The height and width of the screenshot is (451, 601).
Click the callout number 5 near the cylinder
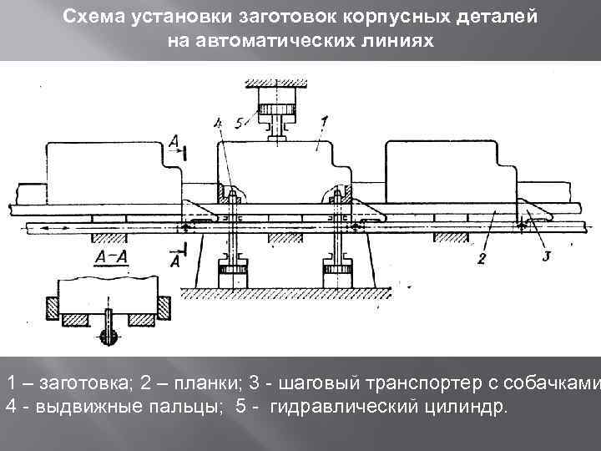239,124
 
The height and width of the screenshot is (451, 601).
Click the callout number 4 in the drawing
219,124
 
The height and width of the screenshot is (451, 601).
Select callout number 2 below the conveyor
482,258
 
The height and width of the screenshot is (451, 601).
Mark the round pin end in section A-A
109,336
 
